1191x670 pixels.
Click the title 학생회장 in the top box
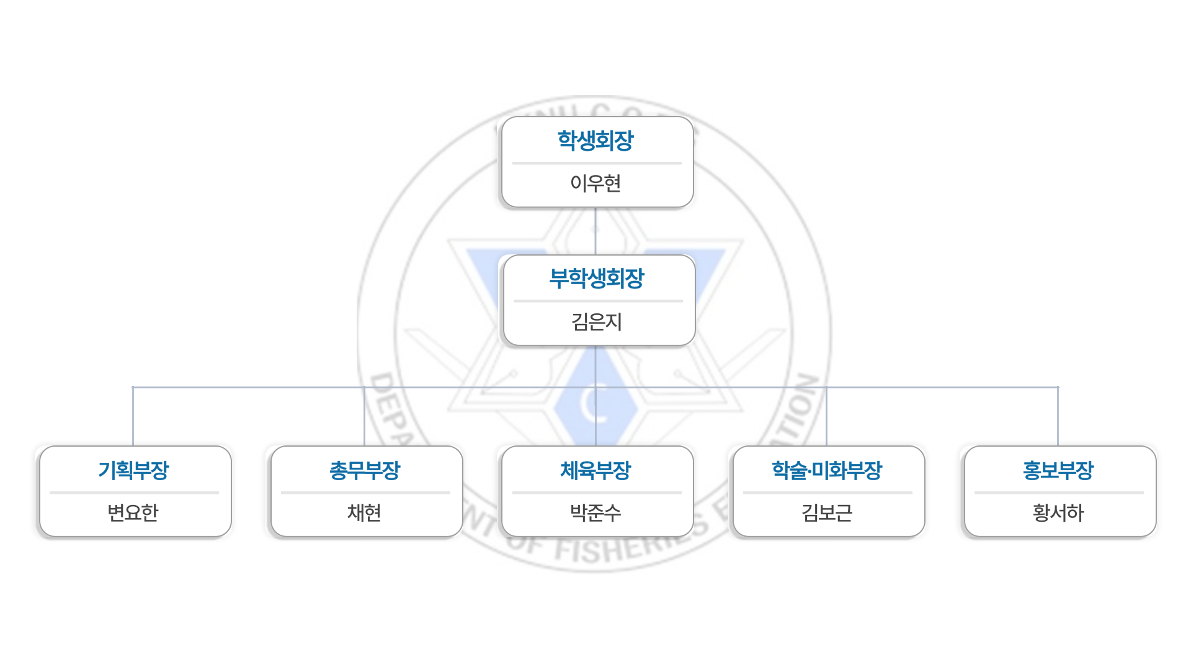pos(595,140)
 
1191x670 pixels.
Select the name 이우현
pos(595,183)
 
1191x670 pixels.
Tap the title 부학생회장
pos(597,279)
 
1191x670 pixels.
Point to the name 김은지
pos(597,321)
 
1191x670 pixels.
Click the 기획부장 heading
pos(133,470)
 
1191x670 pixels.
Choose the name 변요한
pos(133,512)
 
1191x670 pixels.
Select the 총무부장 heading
pos(365,470)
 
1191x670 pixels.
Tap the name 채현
pos(365,512)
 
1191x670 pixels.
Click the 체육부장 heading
pos(595,470)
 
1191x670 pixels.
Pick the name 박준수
pos(595,512)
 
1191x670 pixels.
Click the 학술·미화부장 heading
pos(827,470)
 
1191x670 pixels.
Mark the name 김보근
pos(827,512)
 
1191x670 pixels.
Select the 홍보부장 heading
pos(1058,470)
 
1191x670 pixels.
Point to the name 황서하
pos(1058,512)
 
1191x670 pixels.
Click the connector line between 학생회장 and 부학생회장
pos(595,231)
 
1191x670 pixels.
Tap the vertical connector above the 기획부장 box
pos(133,416)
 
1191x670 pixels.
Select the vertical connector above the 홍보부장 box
pos(1058,416)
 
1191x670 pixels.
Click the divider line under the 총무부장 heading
pos(365,493)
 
